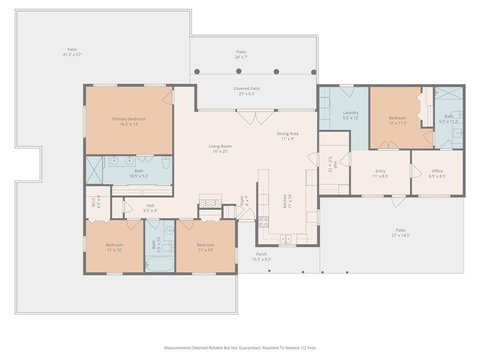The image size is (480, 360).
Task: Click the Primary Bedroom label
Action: click(129, 121)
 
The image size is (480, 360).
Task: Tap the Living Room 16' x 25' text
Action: click(220, 149)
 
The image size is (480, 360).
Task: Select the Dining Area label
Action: click(287, 136)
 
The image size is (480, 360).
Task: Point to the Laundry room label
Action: click(351, 115)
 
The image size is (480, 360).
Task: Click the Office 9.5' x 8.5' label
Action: click(437, 173)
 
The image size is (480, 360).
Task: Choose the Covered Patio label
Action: click(247, 91)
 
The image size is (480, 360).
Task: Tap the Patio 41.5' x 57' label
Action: click(72, 52)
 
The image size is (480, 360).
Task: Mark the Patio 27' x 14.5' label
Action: click(400, 232)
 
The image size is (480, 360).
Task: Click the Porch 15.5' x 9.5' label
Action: click(261, 256)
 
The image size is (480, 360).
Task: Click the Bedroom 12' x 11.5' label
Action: click(397, 120)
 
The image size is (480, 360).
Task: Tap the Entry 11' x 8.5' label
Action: click(380, 173)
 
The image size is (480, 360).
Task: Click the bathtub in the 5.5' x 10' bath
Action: click(159, 264)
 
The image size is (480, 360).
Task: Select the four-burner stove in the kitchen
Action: click(264, 222)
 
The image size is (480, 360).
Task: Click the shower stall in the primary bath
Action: click(94, 170)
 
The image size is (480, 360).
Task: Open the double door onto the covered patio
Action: click(255, 117)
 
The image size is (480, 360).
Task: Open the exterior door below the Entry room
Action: click(398, 202)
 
